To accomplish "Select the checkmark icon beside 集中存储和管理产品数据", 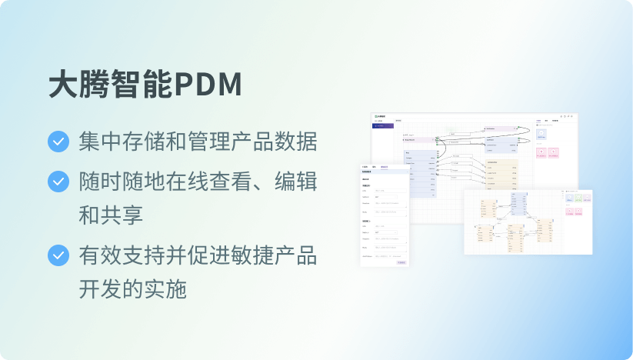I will click(x=58, y=142).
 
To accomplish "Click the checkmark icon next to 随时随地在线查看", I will click(x=58, y=182).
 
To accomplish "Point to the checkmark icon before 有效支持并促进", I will click(x=58, y=255).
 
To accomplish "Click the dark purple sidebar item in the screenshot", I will click(x=382, y=125).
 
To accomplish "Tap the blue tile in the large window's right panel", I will click(x=541, y=134).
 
